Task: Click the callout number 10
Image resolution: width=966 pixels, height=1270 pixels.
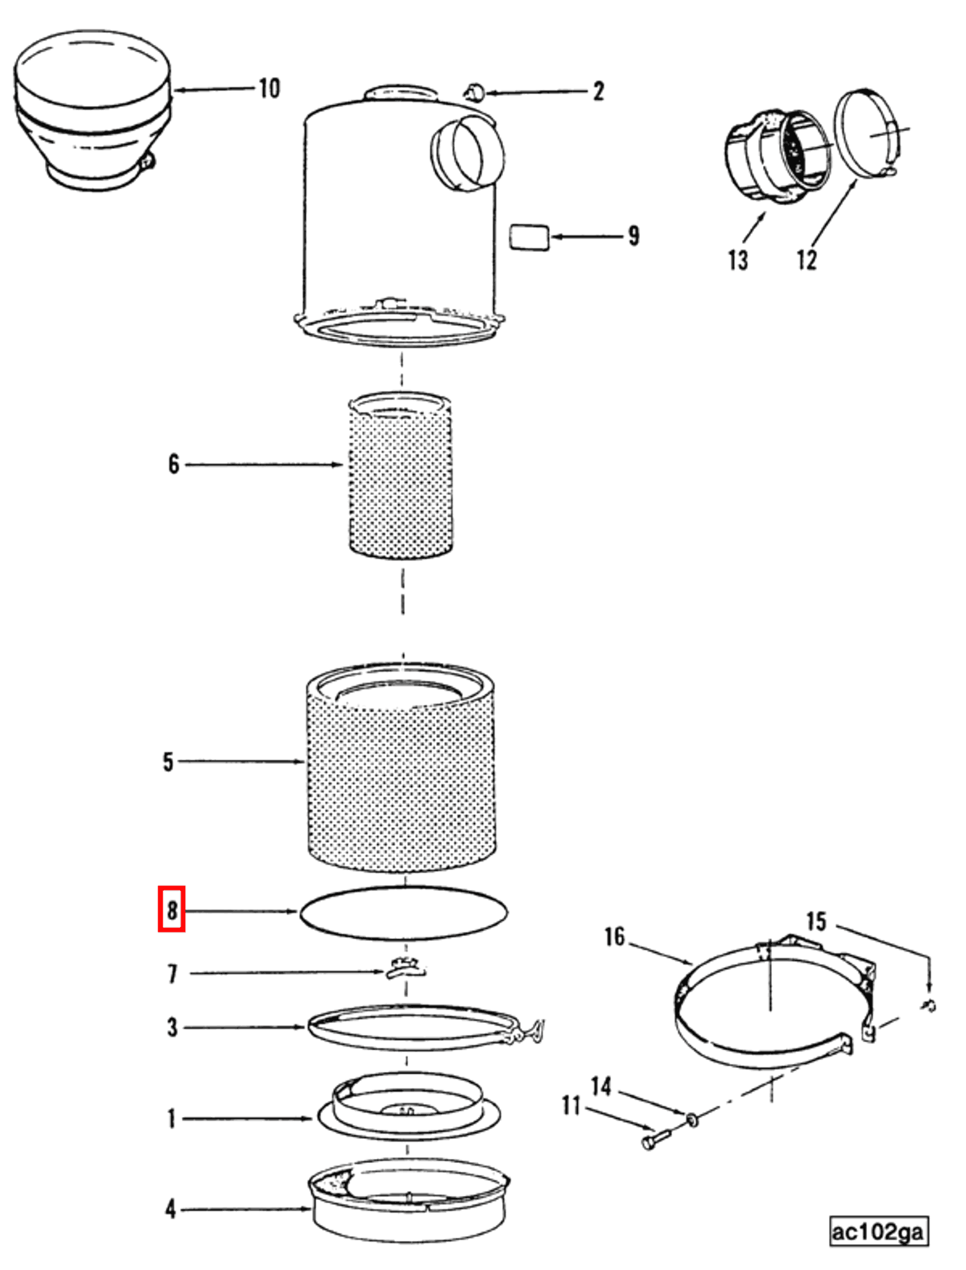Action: coord(269,89)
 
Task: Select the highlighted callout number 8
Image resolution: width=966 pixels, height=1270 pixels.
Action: coord(171,910)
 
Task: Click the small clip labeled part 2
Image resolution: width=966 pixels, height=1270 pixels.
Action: coord(476,91)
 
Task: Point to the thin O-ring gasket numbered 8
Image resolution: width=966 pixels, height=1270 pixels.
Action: coord(404,888)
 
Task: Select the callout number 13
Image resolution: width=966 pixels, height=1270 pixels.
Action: coord(738,260)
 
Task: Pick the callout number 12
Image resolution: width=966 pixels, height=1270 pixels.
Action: coord(806,260)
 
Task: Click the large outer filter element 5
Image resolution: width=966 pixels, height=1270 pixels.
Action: coord(401,776)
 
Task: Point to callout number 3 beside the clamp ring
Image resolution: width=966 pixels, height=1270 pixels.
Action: coord(172,1027)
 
